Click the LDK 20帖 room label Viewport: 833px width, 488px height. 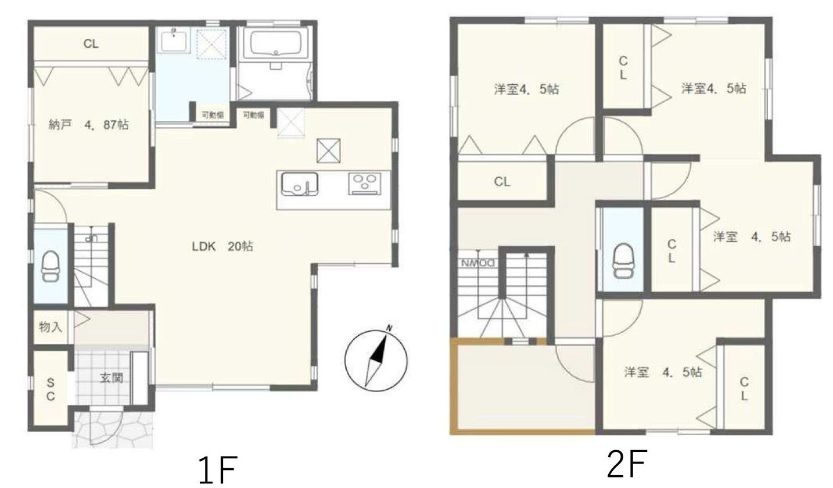[222, 246]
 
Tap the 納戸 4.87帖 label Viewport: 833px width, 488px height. [88, 124]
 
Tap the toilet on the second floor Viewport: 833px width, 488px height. [623, 260]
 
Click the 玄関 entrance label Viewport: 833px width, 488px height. [112, 378]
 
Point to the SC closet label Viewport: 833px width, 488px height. [51, 389]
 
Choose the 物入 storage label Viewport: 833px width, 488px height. [51, 326]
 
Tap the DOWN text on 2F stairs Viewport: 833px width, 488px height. [477, 262]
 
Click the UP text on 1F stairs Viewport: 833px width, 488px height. [89, 237]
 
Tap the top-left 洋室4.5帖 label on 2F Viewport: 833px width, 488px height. [526, 89]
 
